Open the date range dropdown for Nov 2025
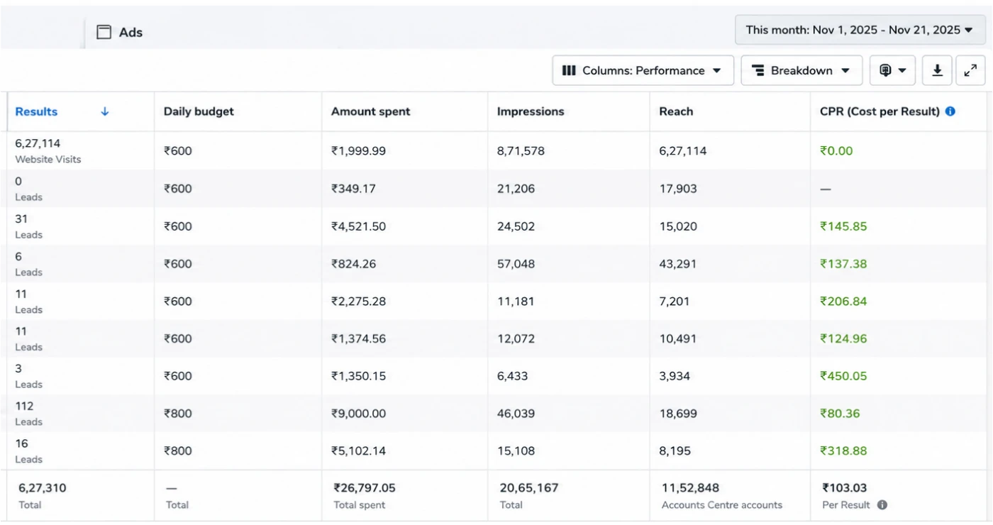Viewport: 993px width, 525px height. point(860,30)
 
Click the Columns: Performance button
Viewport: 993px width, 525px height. point(643,70)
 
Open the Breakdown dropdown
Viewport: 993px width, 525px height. point(801,70)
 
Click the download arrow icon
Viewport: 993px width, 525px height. point(937,70)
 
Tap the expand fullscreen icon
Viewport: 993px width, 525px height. point(970,70)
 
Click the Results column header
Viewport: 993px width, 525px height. point(36,111)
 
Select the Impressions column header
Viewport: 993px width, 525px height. point(531,111)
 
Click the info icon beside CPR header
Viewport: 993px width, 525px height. point(950,111)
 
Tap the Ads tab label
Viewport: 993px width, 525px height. point(131,33)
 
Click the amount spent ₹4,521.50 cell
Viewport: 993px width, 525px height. point(358,226)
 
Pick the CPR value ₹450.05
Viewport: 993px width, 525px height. point(843,376)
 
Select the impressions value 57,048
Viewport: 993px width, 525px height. point(516,264)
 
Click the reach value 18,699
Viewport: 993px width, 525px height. point(678,413)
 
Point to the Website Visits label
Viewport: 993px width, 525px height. point(48,159)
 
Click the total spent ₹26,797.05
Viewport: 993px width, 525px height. point(365,488)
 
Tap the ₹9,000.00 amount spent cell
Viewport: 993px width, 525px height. point(358,413)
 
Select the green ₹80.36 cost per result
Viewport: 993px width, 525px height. point(840,413)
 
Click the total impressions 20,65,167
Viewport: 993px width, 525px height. point(529,488)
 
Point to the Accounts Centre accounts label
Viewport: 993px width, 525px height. point(722,505)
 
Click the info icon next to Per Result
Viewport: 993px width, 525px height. point(882,505)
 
